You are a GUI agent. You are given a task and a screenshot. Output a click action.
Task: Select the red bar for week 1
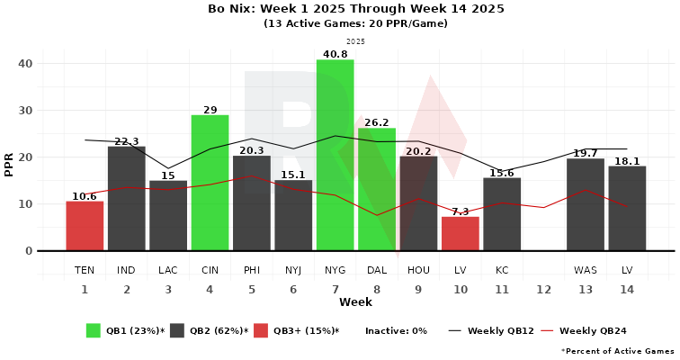[x=85, y=226]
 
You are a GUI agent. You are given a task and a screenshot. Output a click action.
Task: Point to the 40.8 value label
[x=335, y=54]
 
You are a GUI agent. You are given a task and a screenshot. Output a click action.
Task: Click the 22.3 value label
[x=127, y=141]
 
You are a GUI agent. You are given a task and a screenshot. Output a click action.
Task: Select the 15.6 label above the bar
[x=502, y=173]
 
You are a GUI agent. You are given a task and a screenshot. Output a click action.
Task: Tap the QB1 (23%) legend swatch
[x=94, y=330]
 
